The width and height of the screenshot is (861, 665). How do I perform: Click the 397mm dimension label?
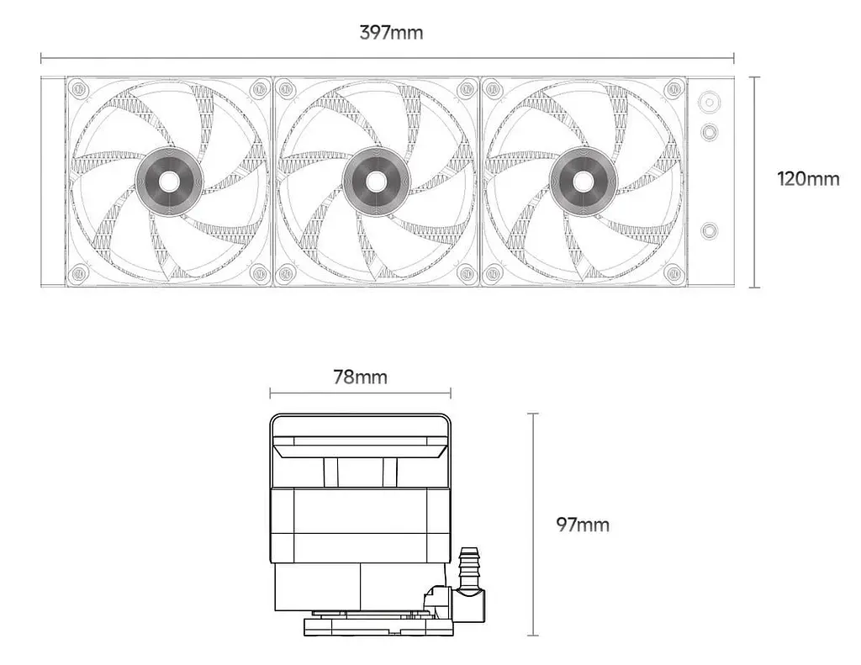point(392,33)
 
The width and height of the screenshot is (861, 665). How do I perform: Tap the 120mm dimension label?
point(808,178)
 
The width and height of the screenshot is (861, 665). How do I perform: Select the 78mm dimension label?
point(360,377)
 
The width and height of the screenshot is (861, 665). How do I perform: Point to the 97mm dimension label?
point(583,525)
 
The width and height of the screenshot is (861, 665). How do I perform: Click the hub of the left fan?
point(169,182)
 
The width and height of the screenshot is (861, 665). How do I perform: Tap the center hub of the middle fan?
point(376,182)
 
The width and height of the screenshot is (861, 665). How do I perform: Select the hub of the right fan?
point(584,182)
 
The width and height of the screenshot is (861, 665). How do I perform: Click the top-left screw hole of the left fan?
point(80,89)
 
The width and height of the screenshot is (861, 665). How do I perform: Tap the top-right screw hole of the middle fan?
point(466,89)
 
